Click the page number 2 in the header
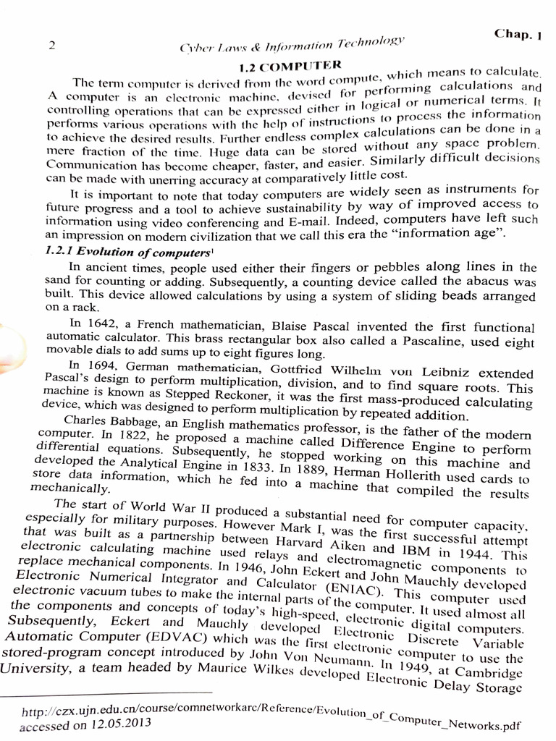click(52, 45)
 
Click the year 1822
click(135, 436)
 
